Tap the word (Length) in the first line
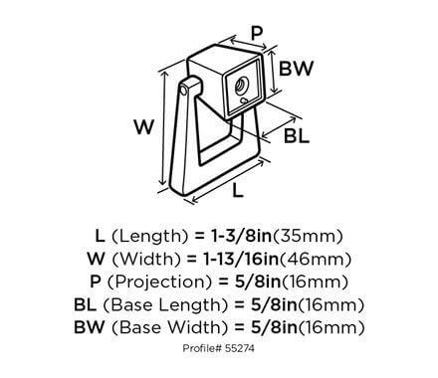pyautogui.click(x=150, y=236)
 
